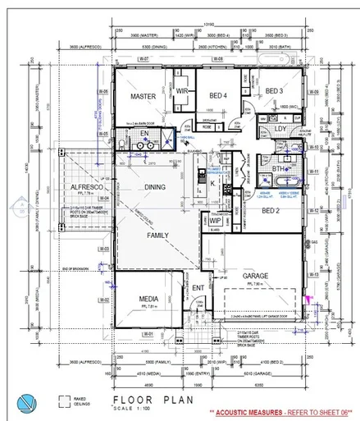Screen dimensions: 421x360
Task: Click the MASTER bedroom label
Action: coord(143,96)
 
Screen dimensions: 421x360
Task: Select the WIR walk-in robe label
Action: coord(182,91)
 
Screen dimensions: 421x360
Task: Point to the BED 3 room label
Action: coord(274,91)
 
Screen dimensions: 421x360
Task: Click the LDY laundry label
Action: coord(280,129)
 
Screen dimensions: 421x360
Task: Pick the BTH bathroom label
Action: coord(277,169)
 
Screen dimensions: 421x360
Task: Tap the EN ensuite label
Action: coord(144,134)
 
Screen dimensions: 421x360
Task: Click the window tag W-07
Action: coord(142,60)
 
